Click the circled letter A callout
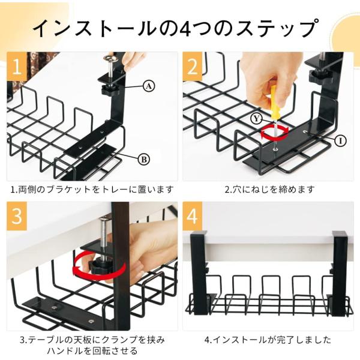click(x=149, y=86)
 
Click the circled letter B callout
click(x=144, y=160)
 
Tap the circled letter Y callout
click(x=256, y=119)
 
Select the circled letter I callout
click(x=340, y=141)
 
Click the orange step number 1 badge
click(x=17, y=67)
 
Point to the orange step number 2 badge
click(x=193, y=67)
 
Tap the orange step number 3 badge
click(x=17, y=216)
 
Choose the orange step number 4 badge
click(x=193, y=216)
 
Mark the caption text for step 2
click(x=269, y=190)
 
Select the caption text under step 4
click(x=268, y=340)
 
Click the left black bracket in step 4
click(x=199, y=273)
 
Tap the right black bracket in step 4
click(x=340, y=273)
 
